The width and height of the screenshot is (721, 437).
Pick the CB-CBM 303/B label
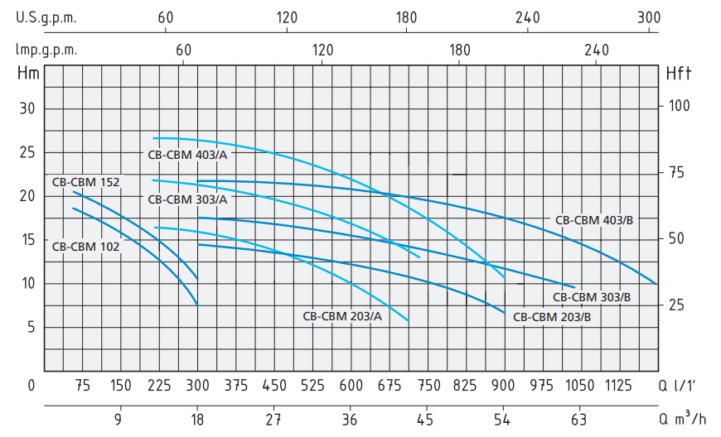tap(591, 296)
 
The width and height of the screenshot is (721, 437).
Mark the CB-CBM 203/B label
tap(551, 316)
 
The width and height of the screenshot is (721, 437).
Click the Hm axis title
tap(27, 73)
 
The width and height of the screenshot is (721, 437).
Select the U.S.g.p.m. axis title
tap(45, 17)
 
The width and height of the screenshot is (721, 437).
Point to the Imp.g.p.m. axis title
tap(46, 50)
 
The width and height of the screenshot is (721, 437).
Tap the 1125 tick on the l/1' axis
tap(618, 385)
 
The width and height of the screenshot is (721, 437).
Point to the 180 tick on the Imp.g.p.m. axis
tap(459, 50)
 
